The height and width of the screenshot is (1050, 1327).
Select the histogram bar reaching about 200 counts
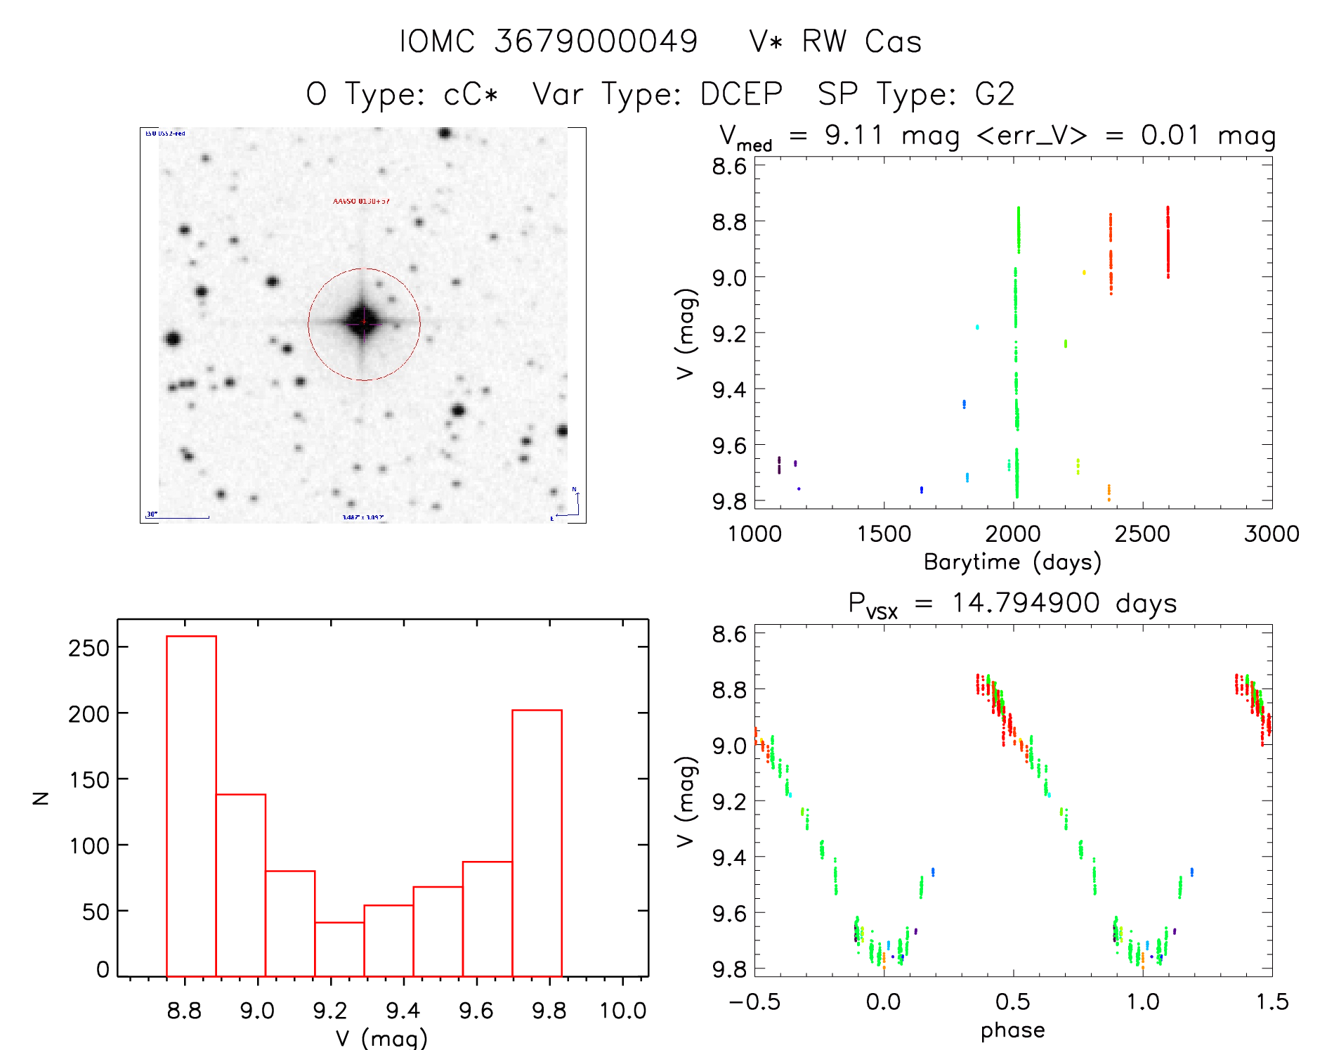[537, 843]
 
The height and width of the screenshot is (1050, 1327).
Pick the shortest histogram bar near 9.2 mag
[339, 949]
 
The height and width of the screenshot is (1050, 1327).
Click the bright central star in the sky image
[363, 323]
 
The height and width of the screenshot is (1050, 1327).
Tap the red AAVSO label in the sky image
[360, 202]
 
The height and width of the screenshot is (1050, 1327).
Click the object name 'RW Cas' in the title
[861, 42]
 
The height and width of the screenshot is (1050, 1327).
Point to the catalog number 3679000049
[596, 42]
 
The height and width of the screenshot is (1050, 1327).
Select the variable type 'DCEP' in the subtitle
[741, 94]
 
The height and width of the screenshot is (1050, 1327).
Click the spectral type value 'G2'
[995, 94]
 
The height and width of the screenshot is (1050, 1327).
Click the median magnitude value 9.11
[854, 135]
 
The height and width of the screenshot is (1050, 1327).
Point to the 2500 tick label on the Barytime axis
[1142, 534]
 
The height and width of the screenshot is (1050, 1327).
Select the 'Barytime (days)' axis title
[1012, 562]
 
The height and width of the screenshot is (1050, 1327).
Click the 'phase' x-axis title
[1012, 1030]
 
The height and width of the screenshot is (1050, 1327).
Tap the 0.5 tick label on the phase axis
[1013, 1002]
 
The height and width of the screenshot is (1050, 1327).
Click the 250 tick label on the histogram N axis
[89, 647]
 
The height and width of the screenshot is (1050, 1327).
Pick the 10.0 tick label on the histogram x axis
[622, 1011]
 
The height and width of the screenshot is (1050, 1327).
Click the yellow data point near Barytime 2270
[1084, 273]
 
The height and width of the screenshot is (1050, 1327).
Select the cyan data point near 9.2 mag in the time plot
[977, 327]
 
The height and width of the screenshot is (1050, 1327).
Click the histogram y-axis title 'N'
[41, 798]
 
